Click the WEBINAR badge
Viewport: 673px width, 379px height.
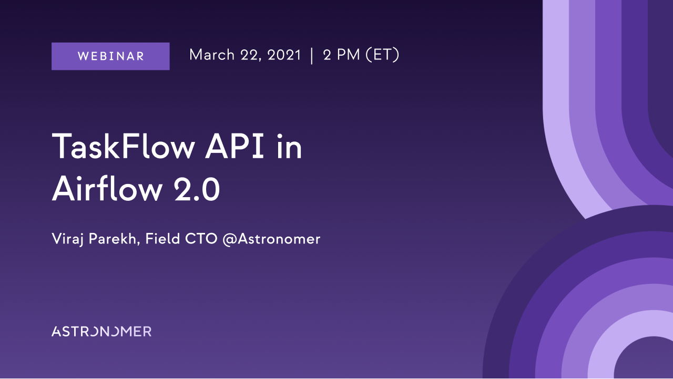(110, 56)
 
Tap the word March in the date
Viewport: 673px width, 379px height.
(212, 55)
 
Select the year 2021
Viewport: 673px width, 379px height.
(284, 55)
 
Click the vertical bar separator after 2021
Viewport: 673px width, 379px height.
(312, 56)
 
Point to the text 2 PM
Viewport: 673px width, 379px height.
(341, 55)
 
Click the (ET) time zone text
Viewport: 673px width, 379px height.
(382, 55)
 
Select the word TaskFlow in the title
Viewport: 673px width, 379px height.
(124, 146)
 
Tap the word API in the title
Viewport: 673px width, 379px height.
(234, 146)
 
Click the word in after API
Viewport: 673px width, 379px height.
(289, 146)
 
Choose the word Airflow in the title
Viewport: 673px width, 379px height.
(107, 189)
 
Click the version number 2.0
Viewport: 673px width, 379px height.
(197, 189)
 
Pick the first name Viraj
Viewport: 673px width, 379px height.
(68, 239)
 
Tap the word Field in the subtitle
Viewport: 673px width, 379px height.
(162, 239)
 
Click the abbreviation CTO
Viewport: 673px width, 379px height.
(201, 239)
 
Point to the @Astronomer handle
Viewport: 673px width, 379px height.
(272, 239)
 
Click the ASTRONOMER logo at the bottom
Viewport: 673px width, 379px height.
(101, 332)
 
